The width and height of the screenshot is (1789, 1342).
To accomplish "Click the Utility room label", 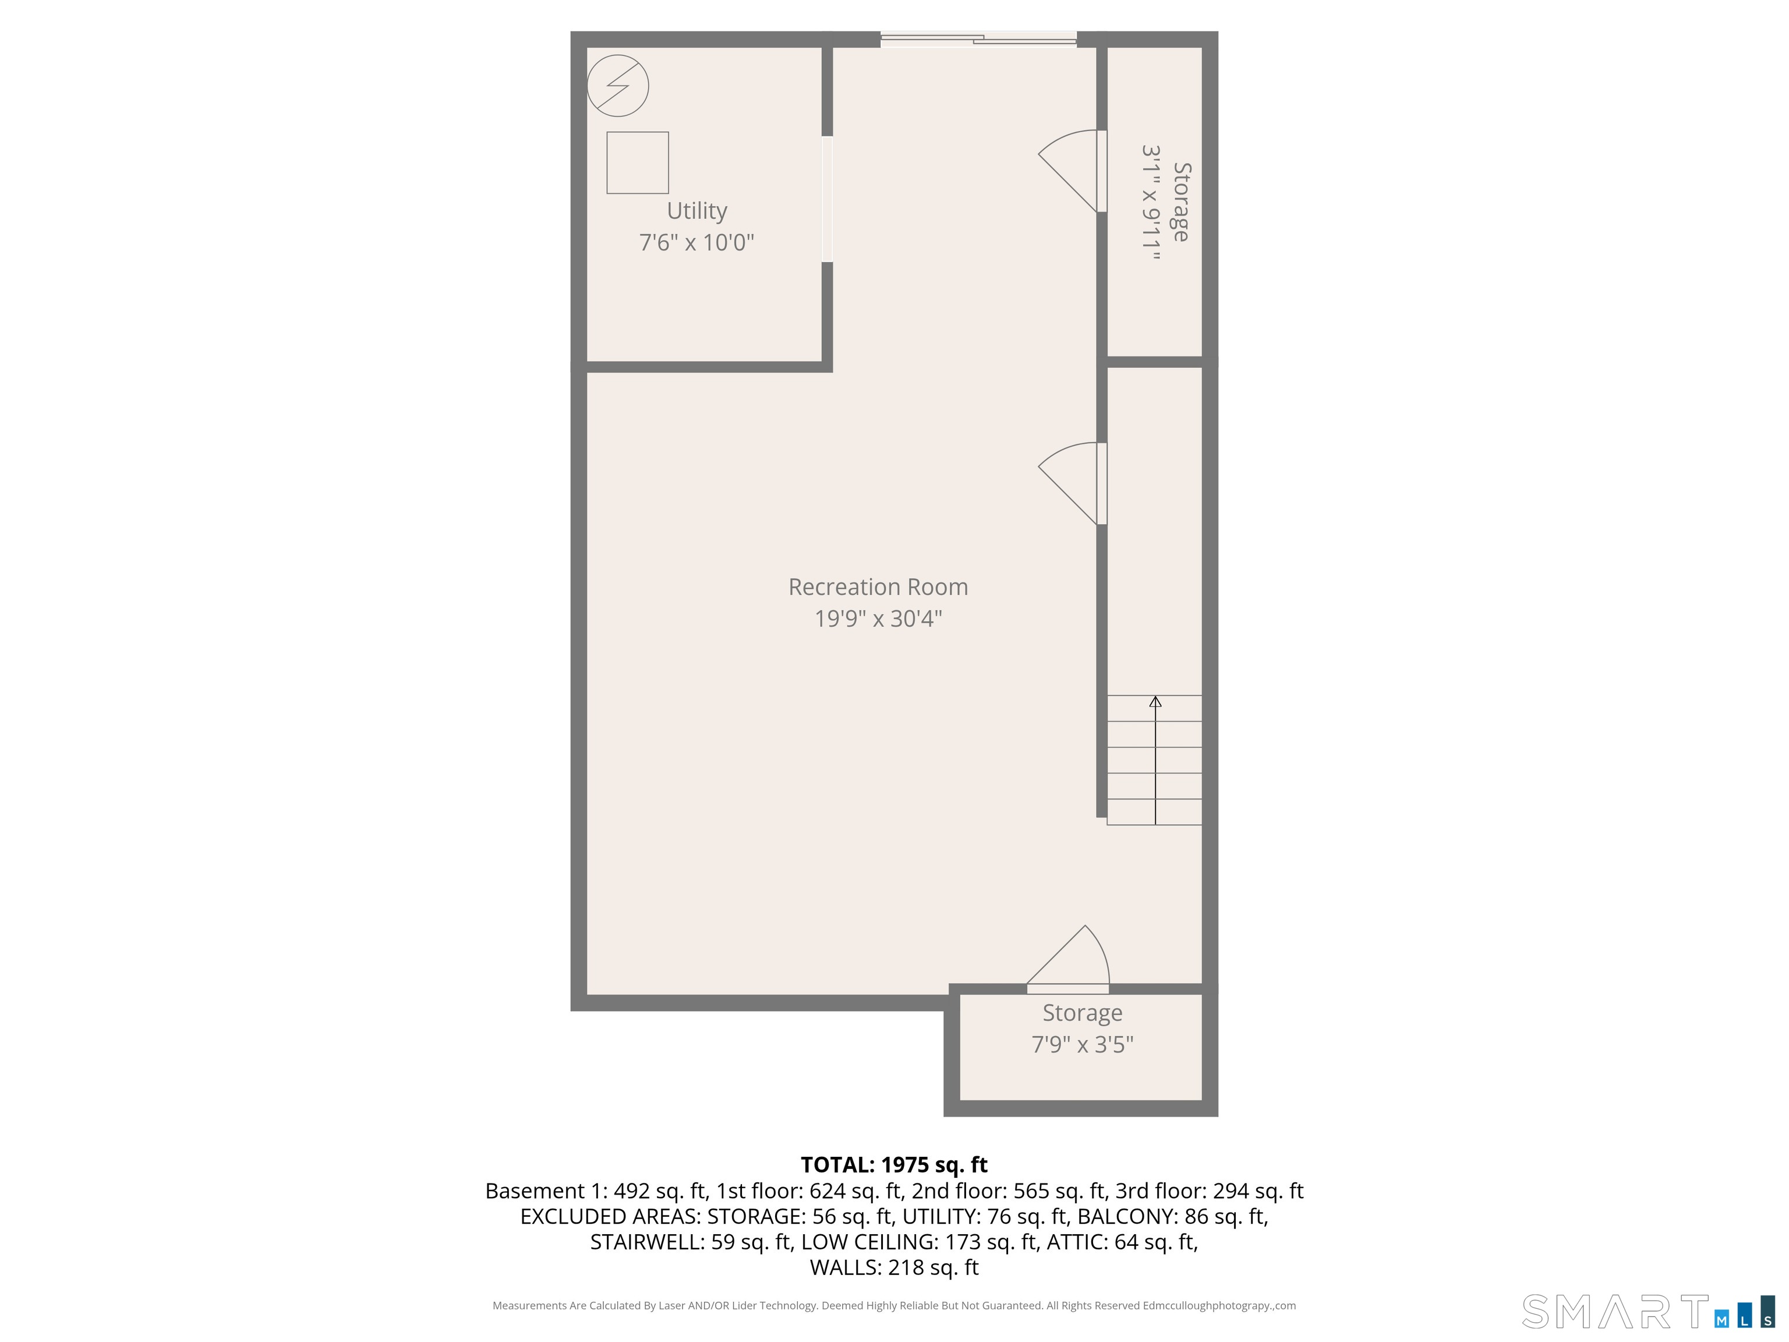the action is tap(696, 211).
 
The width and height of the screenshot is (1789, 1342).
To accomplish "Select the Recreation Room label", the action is tap(878, 587).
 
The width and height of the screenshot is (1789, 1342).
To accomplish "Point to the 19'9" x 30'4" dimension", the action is tap(878, 618).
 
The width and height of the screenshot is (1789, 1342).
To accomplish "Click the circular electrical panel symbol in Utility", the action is tap(618, 85).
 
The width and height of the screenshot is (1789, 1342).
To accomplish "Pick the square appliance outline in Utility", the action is tap(637, 163).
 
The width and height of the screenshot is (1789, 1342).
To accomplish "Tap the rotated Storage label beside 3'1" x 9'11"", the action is tap(1182, 202).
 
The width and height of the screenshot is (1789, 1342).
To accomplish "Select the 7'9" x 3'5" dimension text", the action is tap(1082, 1044).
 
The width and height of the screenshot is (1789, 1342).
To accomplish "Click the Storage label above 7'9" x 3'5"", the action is tap(1082, 1013).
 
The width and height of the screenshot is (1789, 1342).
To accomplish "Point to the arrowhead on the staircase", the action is tap(1155, 702).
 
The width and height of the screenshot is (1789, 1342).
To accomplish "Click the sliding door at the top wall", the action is tap(978, 39).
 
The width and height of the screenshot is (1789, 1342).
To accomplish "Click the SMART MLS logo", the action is tap(1648, 1311).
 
